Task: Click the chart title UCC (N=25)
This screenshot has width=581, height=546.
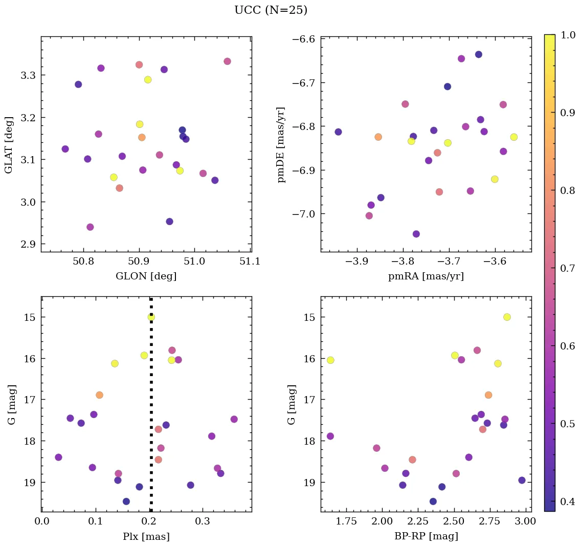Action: click(271, 10)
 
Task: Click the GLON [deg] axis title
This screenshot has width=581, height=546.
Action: click(146, 276)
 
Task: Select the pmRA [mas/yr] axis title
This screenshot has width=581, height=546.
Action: click(426, 276)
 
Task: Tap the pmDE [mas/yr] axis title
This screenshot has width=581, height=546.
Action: click(281, 145)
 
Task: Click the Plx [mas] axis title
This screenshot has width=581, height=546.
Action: click(146, 536)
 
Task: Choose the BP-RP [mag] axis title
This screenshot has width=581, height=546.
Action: click(426, 536)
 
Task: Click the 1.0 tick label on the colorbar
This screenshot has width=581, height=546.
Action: click(568, 35)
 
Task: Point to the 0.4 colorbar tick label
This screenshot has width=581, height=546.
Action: click(568, 501)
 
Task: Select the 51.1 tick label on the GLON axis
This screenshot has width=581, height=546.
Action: click(250, 261)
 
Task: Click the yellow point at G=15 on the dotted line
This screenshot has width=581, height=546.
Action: click(151, 317)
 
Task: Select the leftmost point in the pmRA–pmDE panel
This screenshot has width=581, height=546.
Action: click(338, 132)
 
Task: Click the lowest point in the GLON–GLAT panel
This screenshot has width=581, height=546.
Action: click(90, 227)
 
